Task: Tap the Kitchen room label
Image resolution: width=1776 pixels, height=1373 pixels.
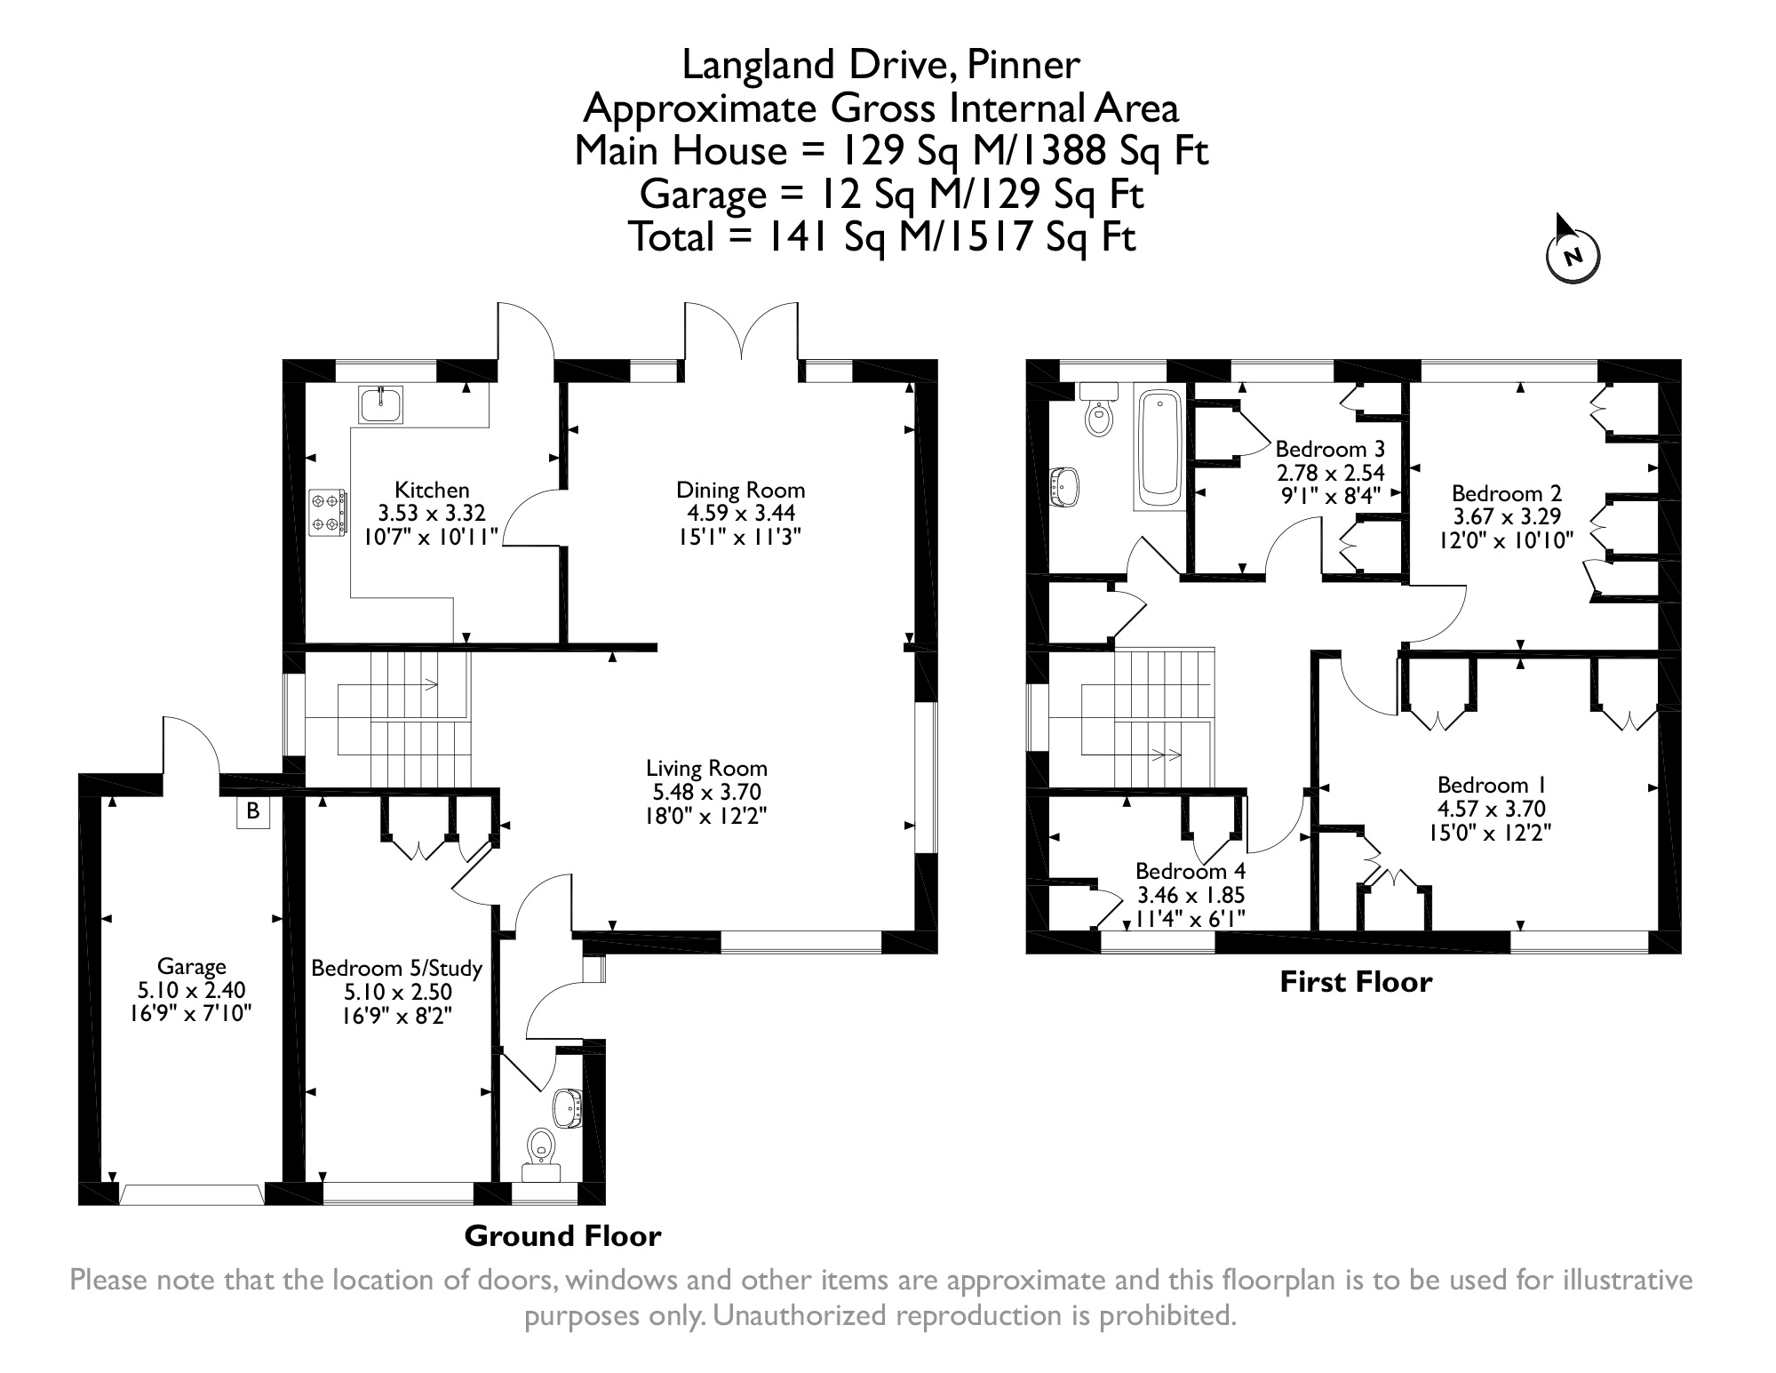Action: click(432, 490)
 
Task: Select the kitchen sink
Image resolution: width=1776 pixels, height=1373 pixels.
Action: click(381, 404)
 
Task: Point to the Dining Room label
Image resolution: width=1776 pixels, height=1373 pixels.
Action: click(741, 490)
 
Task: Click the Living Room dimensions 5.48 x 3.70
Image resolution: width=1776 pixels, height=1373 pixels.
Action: click(706, 792)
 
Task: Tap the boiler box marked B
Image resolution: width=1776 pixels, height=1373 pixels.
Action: click(253, 811)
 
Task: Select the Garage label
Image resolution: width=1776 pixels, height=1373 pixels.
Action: click(192, 966)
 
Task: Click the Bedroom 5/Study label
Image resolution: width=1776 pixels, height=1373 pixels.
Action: click(396, 969)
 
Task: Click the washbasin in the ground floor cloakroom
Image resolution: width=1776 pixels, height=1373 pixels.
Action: click(567, 1108)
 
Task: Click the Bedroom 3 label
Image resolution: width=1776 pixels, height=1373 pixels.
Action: click(1330, 449)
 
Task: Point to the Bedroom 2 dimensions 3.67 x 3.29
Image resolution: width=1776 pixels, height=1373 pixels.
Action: click(1507, 516)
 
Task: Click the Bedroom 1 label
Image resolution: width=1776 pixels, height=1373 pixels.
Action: click(1492, 785)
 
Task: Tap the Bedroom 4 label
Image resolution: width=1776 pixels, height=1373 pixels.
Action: click(1191, 871)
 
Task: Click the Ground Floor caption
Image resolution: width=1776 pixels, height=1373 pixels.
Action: click(563, 1236)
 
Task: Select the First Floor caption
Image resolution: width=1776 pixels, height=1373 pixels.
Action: click(1356, 982)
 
